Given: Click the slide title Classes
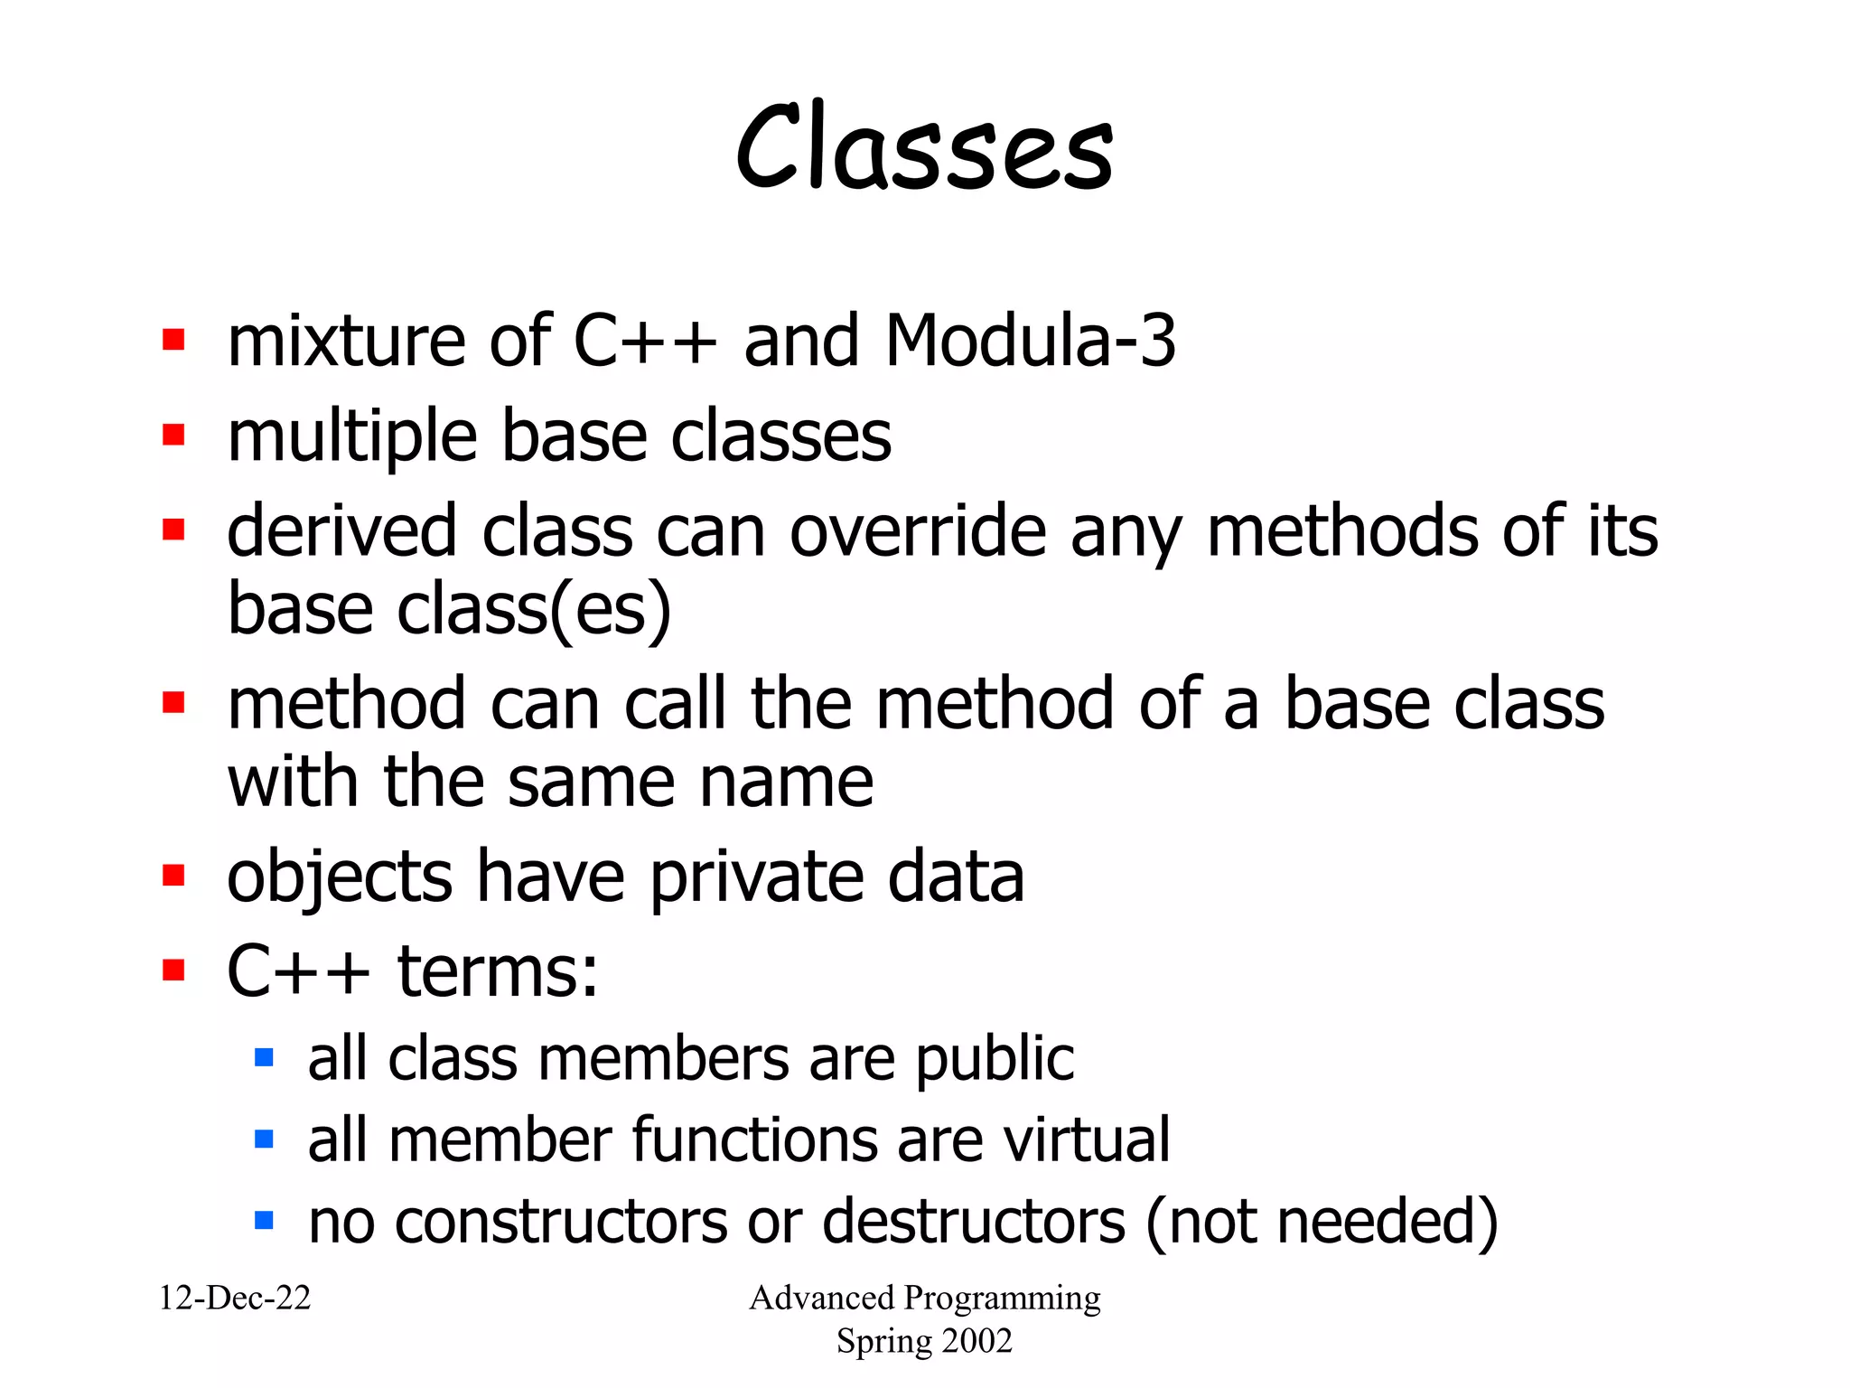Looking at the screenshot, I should (x=924, y=147).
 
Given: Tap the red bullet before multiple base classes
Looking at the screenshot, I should (x=173, y=436).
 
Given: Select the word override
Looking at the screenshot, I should (x=918, y=531).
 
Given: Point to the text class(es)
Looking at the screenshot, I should (x=534, y=610).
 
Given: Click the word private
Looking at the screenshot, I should (x=755, y=877).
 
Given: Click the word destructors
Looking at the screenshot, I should (x=973, y=1222).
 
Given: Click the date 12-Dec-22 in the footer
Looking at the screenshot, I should (x=235, y=1299).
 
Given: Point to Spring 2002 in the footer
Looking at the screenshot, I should (x=924, y=1341).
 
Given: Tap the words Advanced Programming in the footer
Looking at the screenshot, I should (x=924, y=1299).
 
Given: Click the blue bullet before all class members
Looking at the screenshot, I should (x=264, y=1057).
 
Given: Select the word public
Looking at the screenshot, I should (x=995, y=1059).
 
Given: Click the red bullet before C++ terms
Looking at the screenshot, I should (x=173, y=971).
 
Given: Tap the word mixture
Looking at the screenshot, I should (x=347, y=341).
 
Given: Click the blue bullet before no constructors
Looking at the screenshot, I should (x=264, y=1222).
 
